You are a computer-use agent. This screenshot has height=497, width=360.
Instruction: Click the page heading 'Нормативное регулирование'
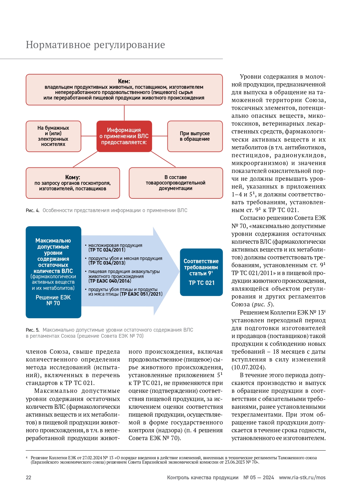click(95, 45)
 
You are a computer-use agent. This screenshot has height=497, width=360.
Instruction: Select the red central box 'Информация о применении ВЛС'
click(124, 136)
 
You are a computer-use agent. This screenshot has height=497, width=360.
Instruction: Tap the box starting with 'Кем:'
click(124, 89)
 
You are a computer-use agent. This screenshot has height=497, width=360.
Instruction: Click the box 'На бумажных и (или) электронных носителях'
click(53, 136)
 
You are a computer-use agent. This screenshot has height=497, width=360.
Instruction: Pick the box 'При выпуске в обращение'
click(195, 136)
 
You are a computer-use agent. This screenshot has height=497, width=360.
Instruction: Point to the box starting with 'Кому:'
click(73, 183)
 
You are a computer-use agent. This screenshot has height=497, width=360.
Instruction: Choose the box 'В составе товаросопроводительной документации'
click(176, 183)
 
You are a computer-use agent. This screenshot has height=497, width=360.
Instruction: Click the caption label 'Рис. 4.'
click(32, 210)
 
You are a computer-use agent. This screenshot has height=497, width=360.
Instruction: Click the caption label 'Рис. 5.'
click(32, 330)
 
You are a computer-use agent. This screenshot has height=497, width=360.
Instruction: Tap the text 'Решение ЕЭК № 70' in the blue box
click(53, 300)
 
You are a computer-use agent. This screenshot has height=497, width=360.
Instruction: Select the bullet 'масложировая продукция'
click(115, 245)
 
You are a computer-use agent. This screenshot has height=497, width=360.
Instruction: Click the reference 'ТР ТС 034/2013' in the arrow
click(107, 263)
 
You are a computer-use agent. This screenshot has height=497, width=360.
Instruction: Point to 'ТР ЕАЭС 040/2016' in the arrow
click(110, 281)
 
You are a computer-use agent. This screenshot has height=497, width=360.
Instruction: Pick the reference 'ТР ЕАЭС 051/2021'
click(141, 294)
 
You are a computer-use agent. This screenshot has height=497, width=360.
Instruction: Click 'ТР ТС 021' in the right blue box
click(202, 283)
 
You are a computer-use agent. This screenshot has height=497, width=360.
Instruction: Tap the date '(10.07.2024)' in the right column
click(249, 367)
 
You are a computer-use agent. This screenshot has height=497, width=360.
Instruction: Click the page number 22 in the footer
click(28, 478)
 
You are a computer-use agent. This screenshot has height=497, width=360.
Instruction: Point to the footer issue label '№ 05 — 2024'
click(258, 478)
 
